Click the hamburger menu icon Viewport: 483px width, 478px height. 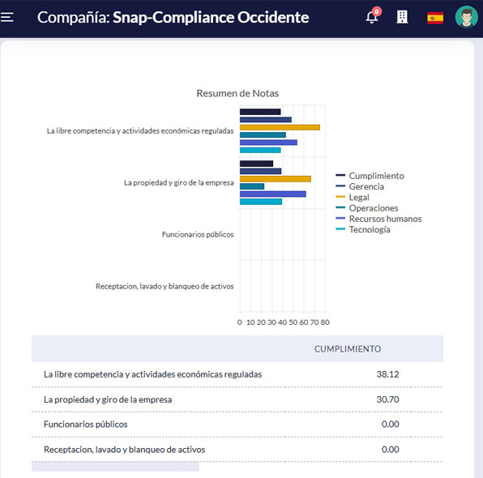6,17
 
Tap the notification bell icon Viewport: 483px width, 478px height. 372,17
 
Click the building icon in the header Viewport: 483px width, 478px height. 402,17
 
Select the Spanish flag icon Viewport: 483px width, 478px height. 435,18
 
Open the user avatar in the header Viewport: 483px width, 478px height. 466,17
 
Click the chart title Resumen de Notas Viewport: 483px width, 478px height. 237,93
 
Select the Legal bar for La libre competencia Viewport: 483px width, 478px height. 280,127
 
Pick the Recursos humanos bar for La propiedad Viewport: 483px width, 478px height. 273,194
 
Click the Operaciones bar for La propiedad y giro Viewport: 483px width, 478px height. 252,186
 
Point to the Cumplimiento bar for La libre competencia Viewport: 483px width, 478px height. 260,112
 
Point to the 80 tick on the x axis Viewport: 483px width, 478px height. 325,322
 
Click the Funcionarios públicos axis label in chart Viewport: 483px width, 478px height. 198,234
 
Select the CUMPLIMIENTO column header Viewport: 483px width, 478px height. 348,348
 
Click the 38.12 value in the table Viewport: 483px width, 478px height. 387,374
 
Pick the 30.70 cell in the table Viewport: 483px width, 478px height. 387,399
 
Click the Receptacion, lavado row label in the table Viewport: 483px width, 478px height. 125,450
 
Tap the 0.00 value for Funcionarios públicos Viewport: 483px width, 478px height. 391,424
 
